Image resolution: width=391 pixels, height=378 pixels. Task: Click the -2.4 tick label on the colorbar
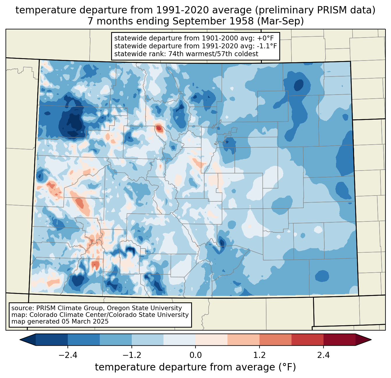pyautogui.click(x=68, y=355)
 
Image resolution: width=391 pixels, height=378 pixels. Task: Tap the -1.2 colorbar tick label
pyautogui.click(x=131, y=355)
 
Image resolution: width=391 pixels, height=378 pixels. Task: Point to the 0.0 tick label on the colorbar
pyautogui.click(x=195, y=355)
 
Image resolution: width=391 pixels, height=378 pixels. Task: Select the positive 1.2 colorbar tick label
pyautogui.click(x=260, y=355)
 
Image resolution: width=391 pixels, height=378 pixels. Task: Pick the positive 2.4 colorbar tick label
pyautogui.click(x=323, y=355)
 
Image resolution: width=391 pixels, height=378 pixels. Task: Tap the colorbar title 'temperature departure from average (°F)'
pyautogui.click(x=195, y=367)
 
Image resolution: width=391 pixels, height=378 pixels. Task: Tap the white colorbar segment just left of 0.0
pyautogui.click(x=179, y=340)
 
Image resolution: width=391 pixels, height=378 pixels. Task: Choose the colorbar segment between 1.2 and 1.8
pyautogui.click(x=276, y=340)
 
